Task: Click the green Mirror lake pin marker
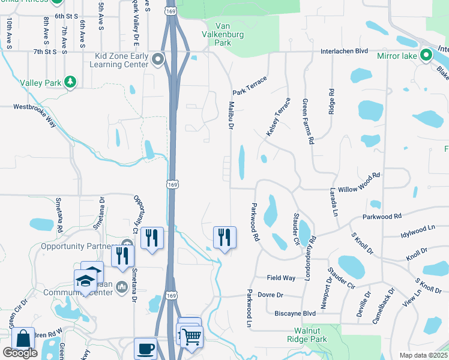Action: point(426,56)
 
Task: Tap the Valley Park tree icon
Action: point(70,82)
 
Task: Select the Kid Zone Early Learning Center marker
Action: point(158,59)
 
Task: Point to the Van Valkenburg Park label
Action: point(223,34)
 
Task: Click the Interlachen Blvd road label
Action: point(344,52)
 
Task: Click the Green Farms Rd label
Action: point(309,122)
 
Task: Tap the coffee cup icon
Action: point(146,347)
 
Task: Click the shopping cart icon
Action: point(191,336)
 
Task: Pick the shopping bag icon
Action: point(23,339)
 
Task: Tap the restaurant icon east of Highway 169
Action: point(224,236)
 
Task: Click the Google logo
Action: point(20,353)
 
